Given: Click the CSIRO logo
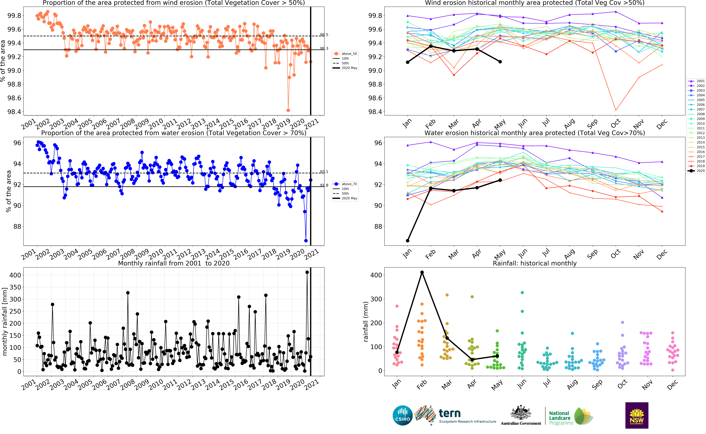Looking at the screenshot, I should pyautogui.click(x=402, y=415).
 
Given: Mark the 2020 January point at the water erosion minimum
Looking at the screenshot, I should pyautogui.click(x=408, y=241).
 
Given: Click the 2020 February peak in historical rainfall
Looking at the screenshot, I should pyautogui.click(x=422, y=272).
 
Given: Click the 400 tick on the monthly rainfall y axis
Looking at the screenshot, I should pyautogui.click(x=15, y=275).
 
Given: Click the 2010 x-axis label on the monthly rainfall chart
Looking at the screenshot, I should pyautogui.click(x=156, y=385).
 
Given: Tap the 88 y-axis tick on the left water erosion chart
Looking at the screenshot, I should pyautogui.click(x=17, y=226).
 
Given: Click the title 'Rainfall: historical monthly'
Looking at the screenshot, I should pyautogui.click(x=534, y=263).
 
